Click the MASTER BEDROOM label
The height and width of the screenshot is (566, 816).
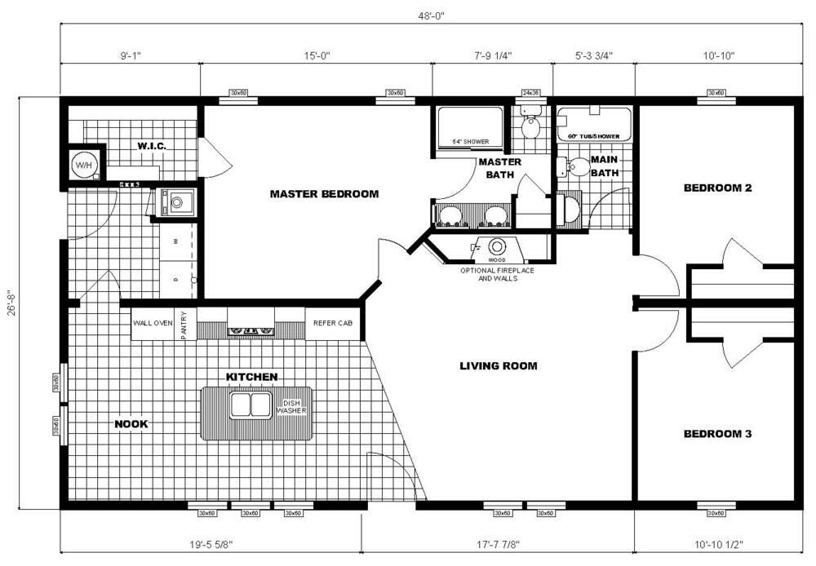[x=324, y=194]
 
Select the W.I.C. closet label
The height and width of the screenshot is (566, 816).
[x=152, y=146]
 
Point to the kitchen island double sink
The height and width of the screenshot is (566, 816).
[x=251, y=405]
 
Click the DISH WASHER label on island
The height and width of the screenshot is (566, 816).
[x=291, y=407]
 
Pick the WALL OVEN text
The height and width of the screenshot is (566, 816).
[x=153, y=323]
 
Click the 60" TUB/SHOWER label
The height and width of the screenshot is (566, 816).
[x=593, y=135]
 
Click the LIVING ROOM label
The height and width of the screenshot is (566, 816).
[x=499, y=366]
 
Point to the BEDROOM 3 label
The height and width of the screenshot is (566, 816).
[x=716, y=434]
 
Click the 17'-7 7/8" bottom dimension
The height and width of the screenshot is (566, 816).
[x=497, y=543]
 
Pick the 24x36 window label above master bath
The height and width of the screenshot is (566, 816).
[x=531, y=93]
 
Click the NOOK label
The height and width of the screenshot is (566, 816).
[x=131, y=424]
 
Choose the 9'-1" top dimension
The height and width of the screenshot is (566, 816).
[x=131, y=56]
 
